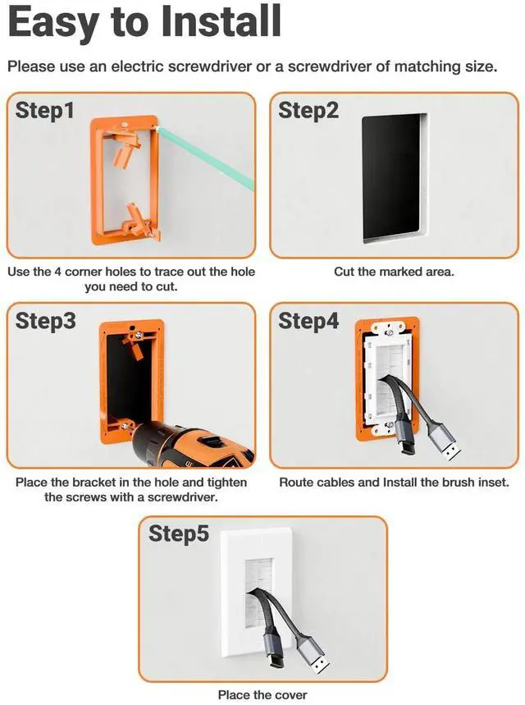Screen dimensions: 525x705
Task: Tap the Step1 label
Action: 44,111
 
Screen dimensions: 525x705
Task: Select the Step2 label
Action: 308,111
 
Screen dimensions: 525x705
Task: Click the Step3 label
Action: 45,321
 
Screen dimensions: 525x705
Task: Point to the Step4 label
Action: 308,321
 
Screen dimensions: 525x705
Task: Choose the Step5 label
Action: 179,533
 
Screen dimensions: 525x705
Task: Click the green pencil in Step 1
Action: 204,158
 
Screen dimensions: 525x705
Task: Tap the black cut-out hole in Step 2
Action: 392,179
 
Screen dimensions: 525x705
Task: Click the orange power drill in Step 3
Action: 194,445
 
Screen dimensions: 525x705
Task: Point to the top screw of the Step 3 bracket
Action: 139,334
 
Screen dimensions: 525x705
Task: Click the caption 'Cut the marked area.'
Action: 394,272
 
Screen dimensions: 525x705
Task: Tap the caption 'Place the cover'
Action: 262,694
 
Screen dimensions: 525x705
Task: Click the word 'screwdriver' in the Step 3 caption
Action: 182,497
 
